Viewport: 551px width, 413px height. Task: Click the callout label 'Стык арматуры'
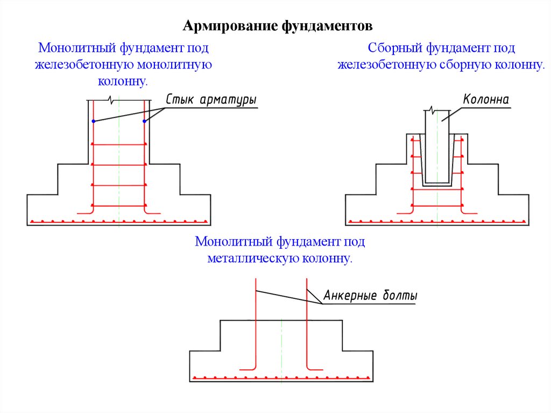pyautogui.click(x=210, y=101)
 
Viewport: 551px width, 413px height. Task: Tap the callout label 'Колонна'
pyautogui.click(x=485, y=100)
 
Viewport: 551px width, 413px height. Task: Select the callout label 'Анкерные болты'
pyautogui.click(x=370, y=296)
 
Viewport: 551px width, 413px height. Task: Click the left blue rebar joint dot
pyautogui.click(x=94, y=121)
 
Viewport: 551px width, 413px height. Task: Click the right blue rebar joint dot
pyautogui.click(x=144, y=121)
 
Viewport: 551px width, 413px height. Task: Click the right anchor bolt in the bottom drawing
pyautogui.click(x=307, y=323)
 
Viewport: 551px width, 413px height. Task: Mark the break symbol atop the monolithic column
pyautogui.click(x=110, y=100)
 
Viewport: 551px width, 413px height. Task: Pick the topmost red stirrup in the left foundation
pyautogui.click(x=119, y=144)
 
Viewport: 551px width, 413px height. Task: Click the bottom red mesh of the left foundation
pyautogui.click(x=118, y=221)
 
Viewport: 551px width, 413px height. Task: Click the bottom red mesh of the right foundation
pyautogui.click(x=436, y=221)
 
